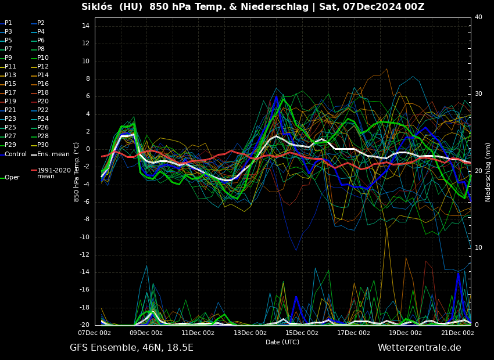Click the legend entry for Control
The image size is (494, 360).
[x=16, y=154]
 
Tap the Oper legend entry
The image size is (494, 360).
[x=12, y=178]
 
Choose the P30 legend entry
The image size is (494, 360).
[x=43, y=145]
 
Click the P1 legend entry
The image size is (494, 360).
[x=8, y=23]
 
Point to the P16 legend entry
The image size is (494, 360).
[x=43, y=84]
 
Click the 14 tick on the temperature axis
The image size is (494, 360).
[x=85, y=26]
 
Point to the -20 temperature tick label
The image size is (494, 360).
[x=83, y=325]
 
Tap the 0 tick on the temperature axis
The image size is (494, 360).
[x=87, y=149]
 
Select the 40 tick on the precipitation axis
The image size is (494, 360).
[x=478, y=17]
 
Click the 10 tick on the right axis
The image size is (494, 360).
[x=478, y=248]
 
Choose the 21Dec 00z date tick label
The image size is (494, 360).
[x=457, y=333]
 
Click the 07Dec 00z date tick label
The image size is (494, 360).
[x=95, y=333]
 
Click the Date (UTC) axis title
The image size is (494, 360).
[x=282, y=342]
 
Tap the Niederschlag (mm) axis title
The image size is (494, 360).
[x=488, y=172]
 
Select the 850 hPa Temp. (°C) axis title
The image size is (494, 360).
[x=77, y=172]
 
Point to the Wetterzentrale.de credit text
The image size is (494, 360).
[x=419, y=348]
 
